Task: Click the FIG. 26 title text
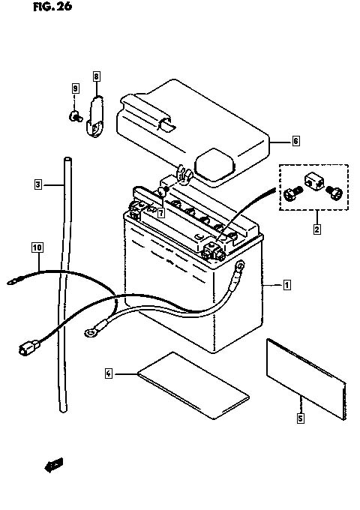[x=52, y=7]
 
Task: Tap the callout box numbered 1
[x=286, y=285]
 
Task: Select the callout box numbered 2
[x=317, y=229]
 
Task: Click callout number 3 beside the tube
[x=38, y=184]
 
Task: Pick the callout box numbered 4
[x=109, y=373]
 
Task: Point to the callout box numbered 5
[x=301, y=418]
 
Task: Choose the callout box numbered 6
[x=295, y=141]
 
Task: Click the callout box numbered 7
[x=161, y=213]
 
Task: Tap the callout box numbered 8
[x=96, y=76]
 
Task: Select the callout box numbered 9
[x=76, y=88]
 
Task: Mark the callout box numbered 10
[x=37, y=247]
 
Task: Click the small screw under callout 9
[x=75, y=116]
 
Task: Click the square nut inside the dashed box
[x=314, y=182]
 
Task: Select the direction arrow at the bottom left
[x=54, y=466]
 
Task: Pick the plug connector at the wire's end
[x=28, y=347]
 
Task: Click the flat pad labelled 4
[x=193, y=385]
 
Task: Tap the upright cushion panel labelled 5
[x=306, y=379]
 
